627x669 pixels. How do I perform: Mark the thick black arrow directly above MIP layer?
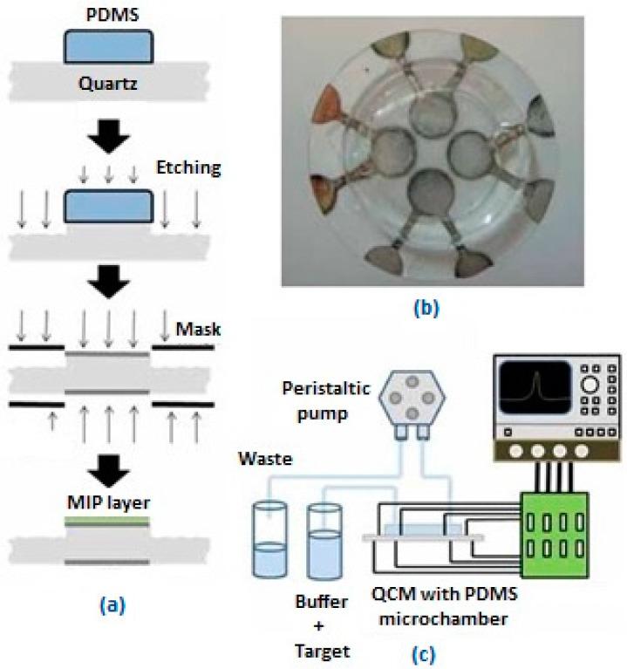tap(109, 476)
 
